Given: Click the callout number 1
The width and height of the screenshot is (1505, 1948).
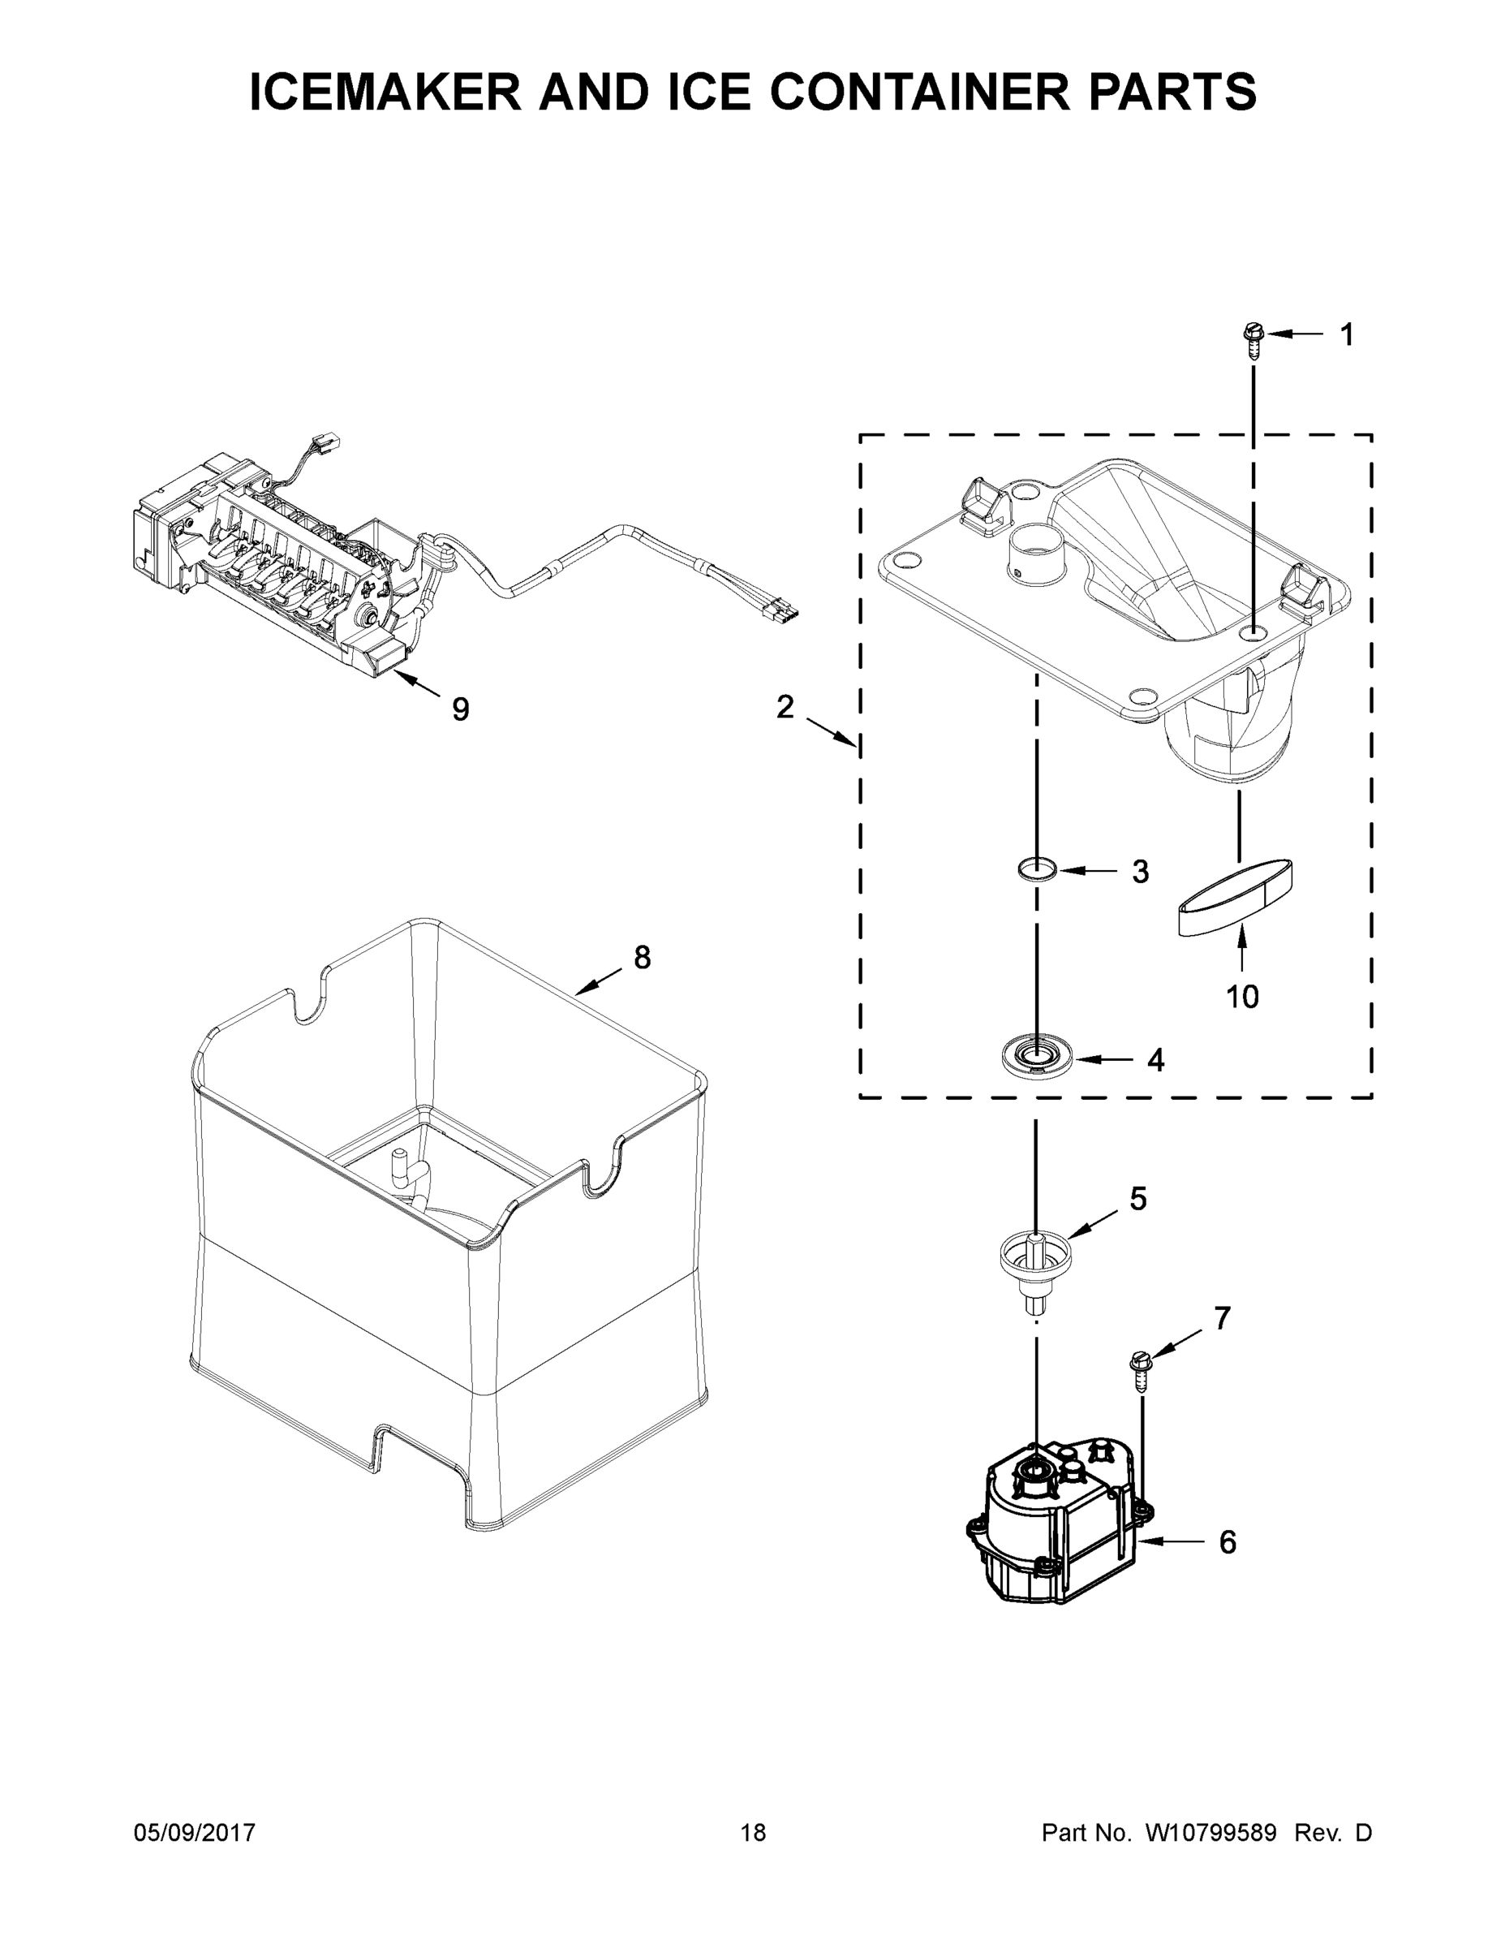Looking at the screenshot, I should (x=1346, y=334).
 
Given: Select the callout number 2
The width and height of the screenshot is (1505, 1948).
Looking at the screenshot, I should (x=784, y=707).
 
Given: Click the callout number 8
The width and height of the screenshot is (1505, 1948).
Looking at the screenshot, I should (x=642, y=958).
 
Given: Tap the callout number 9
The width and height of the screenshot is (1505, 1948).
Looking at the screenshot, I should (x=460, y=709).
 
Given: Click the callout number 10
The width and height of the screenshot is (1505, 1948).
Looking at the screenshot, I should (x=1242, y=996).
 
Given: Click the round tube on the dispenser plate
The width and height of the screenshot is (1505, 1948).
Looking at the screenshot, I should (x=1034, y=555).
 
